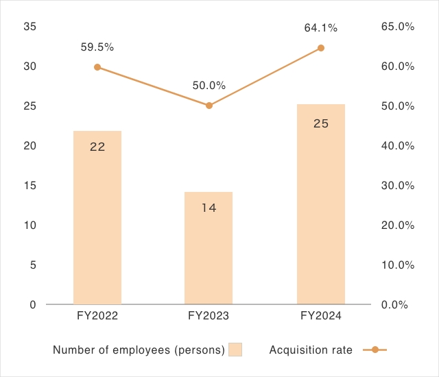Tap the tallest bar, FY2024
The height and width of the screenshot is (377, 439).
[321, 212]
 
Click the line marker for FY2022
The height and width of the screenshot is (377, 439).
[97, 67]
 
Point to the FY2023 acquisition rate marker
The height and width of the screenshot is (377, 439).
[209, 106]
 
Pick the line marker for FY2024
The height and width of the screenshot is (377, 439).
[321, 48]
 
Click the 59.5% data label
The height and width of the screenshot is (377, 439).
[97, 47]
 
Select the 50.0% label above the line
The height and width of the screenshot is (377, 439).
[209, 86]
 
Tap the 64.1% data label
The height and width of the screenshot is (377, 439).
[321, 28]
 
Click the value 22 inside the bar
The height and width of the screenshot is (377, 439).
[97, 146]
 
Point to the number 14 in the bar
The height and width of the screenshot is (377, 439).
[209, 207]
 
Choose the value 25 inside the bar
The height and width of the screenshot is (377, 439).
[321, 124]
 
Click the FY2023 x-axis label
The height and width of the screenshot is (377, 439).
[209, 316]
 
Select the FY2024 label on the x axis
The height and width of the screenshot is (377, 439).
[321, 316]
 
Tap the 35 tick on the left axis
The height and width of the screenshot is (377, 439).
[29, 27]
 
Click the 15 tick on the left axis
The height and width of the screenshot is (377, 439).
[29, 186]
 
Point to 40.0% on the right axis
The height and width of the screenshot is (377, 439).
[396, 146]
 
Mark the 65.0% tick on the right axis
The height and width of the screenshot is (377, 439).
[396, 27]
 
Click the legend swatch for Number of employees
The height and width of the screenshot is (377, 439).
[235, 350]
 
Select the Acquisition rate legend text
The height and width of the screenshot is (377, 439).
[311, 350]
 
